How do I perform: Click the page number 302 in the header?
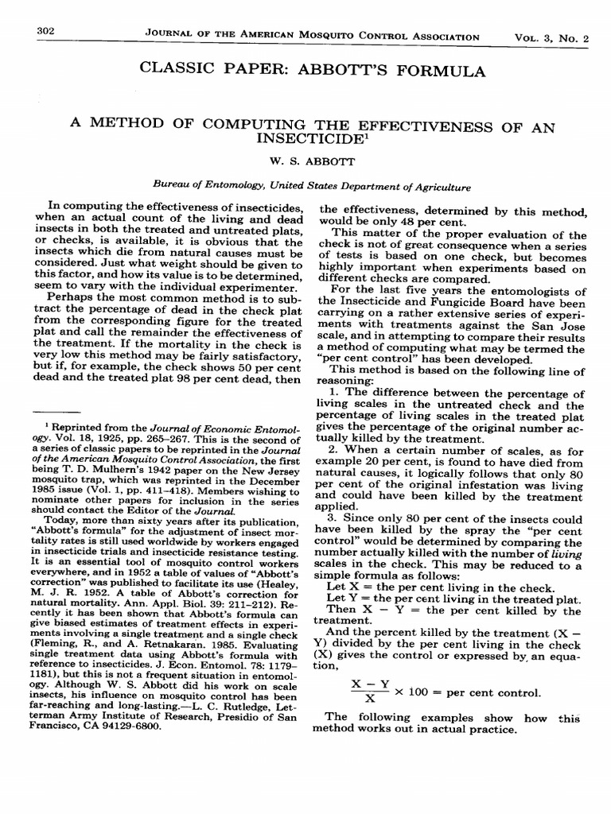coord(45,31)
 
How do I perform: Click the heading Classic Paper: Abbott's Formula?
coord(312,71)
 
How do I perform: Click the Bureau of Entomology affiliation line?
coord(311,188)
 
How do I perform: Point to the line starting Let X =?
coord(440,587)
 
